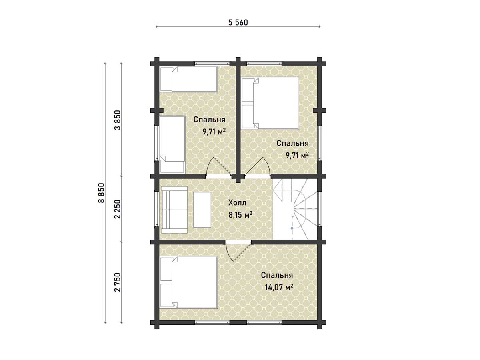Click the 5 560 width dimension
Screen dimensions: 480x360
[x=238, y=22]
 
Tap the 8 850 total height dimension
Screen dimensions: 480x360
[x=102, y=193]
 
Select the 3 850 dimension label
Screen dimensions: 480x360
[x=118, y=120]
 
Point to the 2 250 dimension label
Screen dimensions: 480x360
[x=118, y=209]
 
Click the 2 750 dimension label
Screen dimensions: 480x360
[x=118, y=282]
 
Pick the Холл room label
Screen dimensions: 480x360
[x=237, y=203]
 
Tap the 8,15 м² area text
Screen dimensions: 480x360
[x=240, y=215]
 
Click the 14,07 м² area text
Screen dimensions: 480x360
[x=279, y=287]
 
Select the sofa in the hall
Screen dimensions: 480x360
[x=174, y=210]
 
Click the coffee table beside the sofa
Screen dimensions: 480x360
[x=202, y=210]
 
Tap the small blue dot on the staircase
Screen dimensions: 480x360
[x=292, y=228]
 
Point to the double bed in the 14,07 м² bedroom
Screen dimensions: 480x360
[x=189, y=282]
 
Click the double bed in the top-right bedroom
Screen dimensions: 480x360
[x=270, y=103]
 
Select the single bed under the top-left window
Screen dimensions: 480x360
[x=189, y=79]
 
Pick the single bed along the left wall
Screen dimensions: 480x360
[x=172, y=144]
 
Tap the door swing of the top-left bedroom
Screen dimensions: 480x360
[x=219, y=166]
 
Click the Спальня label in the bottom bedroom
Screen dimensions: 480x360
[x=277, y=275]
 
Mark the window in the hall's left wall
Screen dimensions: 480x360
[x=157, y=209]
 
